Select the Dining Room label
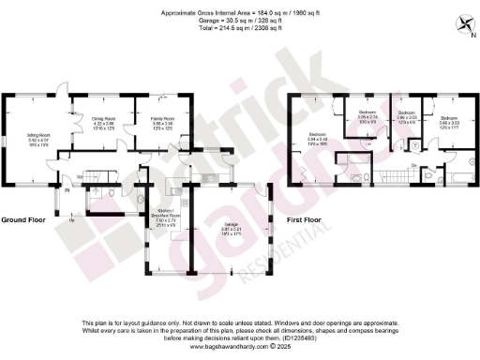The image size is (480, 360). click(103, 120)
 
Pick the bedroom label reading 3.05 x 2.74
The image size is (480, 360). click(367, 116)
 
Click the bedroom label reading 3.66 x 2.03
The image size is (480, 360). click(408, 119)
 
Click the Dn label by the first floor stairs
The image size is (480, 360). click(414, 164)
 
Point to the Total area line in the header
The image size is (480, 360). click(240, 28)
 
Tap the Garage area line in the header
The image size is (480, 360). click(240, 20)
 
